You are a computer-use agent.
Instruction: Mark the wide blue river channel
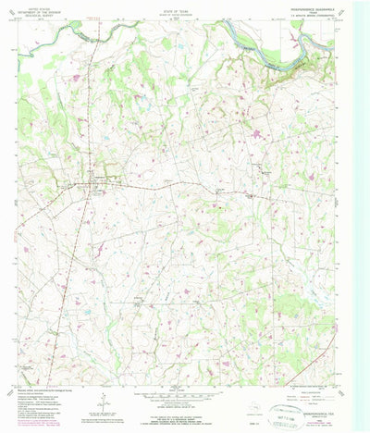click(277, 56)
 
